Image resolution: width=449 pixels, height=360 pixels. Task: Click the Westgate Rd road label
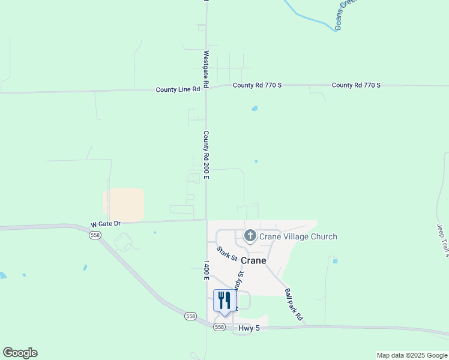coord(206,62)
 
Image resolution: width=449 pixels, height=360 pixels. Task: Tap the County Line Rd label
coord(177,89)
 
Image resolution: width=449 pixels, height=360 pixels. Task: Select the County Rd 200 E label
coord(205,155)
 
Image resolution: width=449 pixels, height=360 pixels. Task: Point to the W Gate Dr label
coord(106,224)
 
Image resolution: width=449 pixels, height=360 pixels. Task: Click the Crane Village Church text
coord(298,237)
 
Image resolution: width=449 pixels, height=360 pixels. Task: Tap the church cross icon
coord(250,236)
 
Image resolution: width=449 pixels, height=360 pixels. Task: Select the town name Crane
coord(253,261)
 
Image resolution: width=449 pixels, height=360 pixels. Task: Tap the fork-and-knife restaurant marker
coord(224,301)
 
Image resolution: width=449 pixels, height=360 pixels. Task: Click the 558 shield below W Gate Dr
coord(95,236)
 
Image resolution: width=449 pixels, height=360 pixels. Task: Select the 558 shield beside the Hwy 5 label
coord(220,327)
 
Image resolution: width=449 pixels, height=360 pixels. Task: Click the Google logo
coord(20,353)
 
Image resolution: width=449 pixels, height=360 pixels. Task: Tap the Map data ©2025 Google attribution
coord(412,355)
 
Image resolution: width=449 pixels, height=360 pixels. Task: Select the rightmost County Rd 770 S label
coord(356,85)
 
